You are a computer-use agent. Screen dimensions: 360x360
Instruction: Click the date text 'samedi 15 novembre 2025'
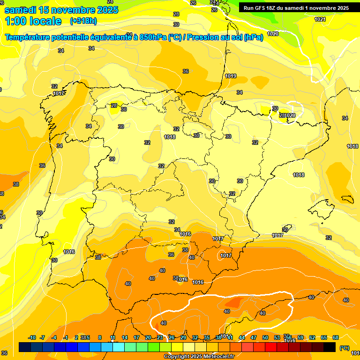point(61,9)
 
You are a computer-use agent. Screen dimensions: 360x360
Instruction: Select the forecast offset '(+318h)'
point(83,21)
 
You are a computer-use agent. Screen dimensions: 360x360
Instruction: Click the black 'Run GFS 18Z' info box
point(295,7)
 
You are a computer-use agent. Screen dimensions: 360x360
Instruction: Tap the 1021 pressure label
point(320,19)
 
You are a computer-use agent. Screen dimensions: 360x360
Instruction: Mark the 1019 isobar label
point(231,76)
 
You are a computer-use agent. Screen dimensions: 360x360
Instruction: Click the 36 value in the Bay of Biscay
point(186,71)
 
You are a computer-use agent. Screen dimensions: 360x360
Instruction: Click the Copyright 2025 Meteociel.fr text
point(199,356)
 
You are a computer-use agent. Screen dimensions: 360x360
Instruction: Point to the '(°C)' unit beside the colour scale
point(345,348)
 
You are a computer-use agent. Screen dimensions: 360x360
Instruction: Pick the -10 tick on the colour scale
point(32,337)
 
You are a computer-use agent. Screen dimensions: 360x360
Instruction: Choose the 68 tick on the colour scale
point(336,337)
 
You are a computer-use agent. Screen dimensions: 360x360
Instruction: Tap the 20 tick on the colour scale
point(148,337)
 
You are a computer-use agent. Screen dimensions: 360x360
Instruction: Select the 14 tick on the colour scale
point(125,337)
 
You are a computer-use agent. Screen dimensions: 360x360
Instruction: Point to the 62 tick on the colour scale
point(312,337)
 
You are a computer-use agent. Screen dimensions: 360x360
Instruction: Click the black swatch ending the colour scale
point(330,347)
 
